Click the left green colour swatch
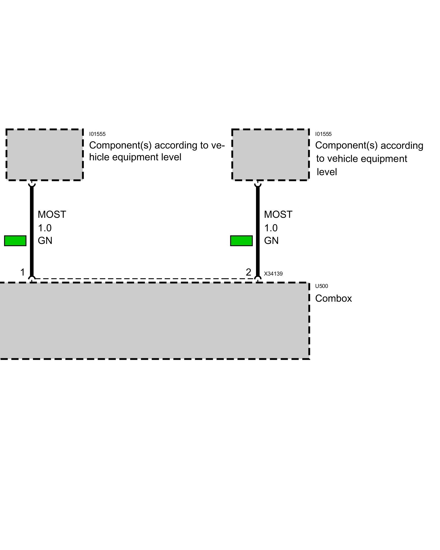[x=15, y=241]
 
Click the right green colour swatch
[x=241, y=241]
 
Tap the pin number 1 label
[x=23, y=272]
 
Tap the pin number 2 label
[x=248, y=272]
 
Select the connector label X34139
[x=273, y=274]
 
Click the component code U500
[x=321, y=286]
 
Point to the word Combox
[x=333, y=298]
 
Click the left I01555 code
[x=97, y=134]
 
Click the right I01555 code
[x=323, y=134]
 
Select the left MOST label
[x=52, y=215]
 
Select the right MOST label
[x=278, y=215]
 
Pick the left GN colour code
[x=45, y=241]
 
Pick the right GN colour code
[x=271, y=241]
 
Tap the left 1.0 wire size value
[x=45, y=228]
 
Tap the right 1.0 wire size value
[x=271, y=228]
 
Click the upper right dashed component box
[x=271, y=155]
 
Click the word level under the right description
[x=327, y=172]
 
